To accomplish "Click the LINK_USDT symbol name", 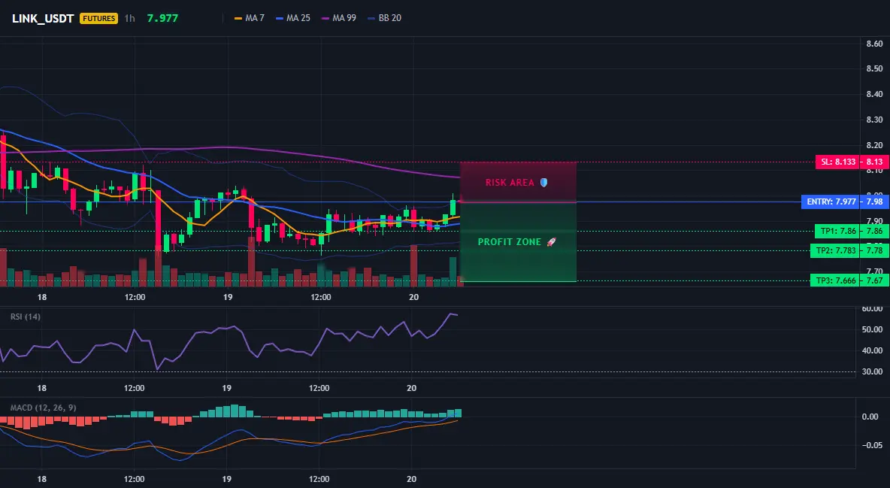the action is coord(43,18).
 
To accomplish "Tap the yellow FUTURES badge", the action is coord(98,18).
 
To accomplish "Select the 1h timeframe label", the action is coord(129,18).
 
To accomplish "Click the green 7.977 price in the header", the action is coord(162,18).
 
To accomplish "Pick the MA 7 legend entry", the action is coord(249,18).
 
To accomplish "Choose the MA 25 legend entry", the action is coord(293,18).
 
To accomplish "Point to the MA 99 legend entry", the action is coord(339,18).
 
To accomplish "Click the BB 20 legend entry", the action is coord(384,18).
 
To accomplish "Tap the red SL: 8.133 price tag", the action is coord(837,162).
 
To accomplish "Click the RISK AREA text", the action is coord(510,183).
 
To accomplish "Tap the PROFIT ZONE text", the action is coord(510,242).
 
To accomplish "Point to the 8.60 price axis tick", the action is coord(875,44).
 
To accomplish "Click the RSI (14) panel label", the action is coord(26,317).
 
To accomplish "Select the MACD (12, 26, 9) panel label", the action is coord(43,408).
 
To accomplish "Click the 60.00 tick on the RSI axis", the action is coord(873,308).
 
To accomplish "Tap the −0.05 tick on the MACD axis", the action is coord(872,445).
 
